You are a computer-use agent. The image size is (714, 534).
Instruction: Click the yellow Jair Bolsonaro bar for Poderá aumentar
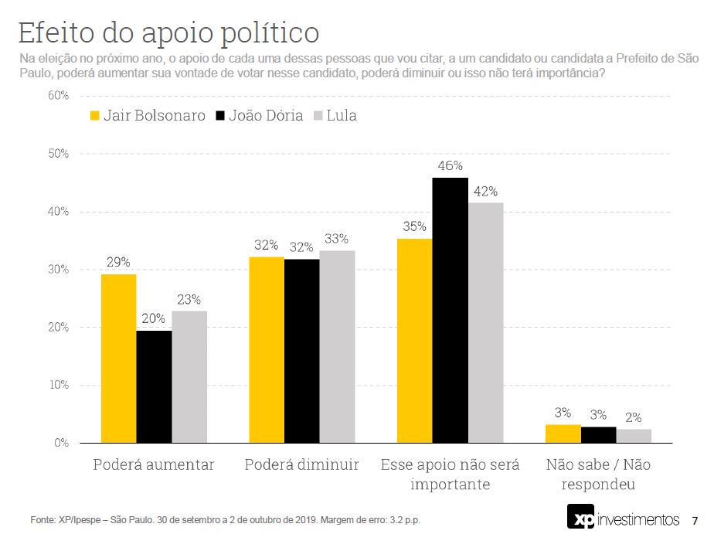pos(118,359)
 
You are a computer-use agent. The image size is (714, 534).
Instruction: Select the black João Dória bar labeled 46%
pos(450,310)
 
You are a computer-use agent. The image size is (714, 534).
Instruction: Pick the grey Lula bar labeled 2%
pos(634,436)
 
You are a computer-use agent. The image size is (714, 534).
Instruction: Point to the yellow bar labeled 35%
pos(414,341)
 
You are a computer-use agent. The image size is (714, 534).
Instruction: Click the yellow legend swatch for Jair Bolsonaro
pos(96,116)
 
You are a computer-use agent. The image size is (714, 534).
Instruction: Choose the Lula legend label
pos(341,116)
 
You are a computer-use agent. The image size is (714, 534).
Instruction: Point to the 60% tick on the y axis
pos(59,96)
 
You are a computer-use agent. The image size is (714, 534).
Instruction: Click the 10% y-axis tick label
pos(59,386)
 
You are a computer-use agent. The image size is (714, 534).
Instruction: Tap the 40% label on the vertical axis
pos(59,212)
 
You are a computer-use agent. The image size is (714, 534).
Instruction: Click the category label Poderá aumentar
pos(154,465)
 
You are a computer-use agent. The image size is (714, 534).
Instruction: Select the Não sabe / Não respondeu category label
pos(598,474)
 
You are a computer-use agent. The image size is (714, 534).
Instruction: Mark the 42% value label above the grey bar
pos(485,191)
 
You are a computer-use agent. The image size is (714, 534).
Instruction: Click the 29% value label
pos(118,262)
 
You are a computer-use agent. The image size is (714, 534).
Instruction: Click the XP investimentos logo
pos(623,518)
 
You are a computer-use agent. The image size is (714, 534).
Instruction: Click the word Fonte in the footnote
pos(43,519)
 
